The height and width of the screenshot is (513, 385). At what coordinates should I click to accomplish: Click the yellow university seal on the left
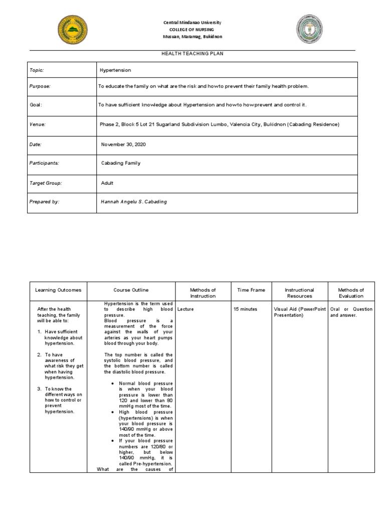[x=72, y=29]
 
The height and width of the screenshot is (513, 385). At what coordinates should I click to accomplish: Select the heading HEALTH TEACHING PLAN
[x=192, y=54]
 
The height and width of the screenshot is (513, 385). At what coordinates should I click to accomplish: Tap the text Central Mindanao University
[x=192, y=23]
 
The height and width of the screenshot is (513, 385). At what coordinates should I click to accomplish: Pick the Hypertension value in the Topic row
[x=115, y=71]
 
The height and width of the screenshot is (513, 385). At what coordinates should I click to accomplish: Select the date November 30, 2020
[x=124, y=144]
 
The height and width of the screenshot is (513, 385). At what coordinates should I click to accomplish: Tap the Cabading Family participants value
[x=121, y=163]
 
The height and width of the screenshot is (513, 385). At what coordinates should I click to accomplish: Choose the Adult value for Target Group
[x=107, y=183]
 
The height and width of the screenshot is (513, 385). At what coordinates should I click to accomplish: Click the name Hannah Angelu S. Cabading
[x=133, y=201]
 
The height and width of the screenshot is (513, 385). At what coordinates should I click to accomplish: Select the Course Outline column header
[x=131, y=290]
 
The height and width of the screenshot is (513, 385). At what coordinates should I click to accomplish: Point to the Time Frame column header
[x=251, y=290]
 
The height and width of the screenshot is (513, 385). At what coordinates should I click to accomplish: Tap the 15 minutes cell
[x=245, y=309]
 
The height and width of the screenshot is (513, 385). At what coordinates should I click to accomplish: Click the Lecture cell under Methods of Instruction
[x=185, y=309]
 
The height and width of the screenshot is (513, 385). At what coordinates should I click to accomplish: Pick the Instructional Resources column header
[x=299, y=293]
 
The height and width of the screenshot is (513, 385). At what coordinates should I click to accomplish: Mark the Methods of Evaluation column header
[x=351, y=293]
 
